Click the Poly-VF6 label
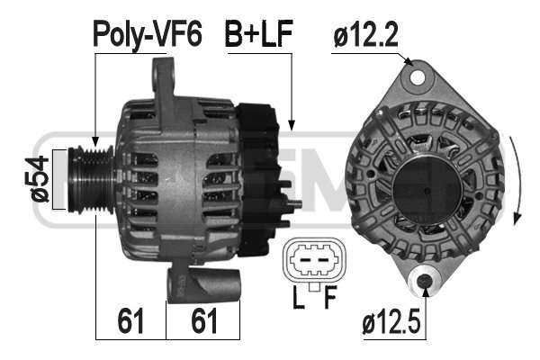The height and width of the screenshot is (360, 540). click(148, 34)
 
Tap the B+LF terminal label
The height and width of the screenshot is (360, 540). click(258, 33)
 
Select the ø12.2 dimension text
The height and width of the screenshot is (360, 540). click(365, 34)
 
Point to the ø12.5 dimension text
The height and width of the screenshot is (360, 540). click(391, 322)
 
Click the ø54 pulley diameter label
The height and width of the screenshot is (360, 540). click(37, 179)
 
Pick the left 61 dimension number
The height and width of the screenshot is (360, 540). click(130, 320)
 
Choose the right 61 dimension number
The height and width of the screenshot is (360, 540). click(204, 320)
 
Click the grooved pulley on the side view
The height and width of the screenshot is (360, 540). click(91, 179)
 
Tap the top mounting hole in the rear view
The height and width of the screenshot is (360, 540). click(418, 78)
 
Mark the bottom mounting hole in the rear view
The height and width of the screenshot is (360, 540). click(424, 281)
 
